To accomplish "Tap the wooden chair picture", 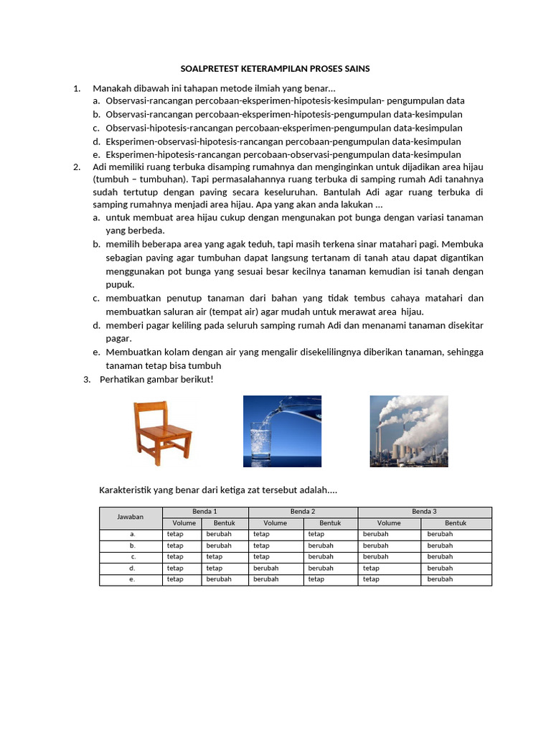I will click(x=162, y=433).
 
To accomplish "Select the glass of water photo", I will click(x=282, y=431).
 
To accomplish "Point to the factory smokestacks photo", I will click(x=408, y=431).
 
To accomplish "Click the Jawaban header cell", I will click(x=131, y=518).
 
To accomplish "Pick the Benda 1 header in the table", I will click(x=204, y=512).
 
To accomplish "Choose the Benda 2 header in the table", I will click(x=303, y=512).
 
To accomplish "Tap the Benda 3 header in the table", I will click(x=424, y=512).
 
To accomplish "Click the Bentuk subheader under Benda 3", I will click(x=456, y=523).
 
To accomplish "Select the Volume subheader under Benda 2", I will click(x=275, y=523).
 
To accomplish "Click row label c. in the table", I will click(x=131, y=557).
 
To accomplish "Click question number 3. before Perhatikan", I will click(x=88, y=379).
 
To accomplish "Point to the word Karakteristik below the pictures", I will click(x=126, y=490).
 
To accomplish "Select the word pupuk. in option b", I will click(x=120, y=284).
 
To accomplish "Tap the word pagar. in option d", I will click(x=118, y=338).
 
